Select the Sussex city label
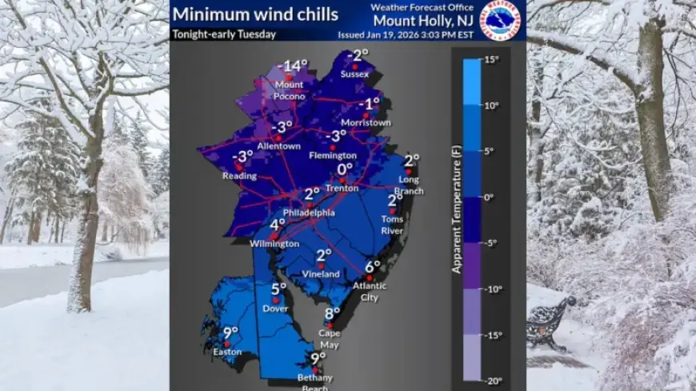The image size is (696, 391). click(x=354, y=74)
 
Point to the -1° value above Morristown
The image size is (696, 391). click(x=368, y=104)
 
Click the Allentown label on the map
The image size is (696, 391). click(x=278, y=146)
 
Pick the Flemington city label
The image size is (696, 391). click(x=334, y=155)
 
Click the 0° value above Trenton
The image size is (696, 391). click(x=345, y=170)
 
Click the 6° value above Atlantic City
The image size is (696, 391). click(x=373, y=267)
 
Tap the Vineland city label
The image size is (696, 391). click(x=324, y=273)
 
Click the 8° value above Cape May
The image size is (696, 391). click(x=332, y=313)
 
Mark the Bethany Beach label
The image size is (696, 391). click(x=318, y=381)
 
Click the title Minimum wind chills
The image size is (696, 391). click(x=256, y=14)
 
